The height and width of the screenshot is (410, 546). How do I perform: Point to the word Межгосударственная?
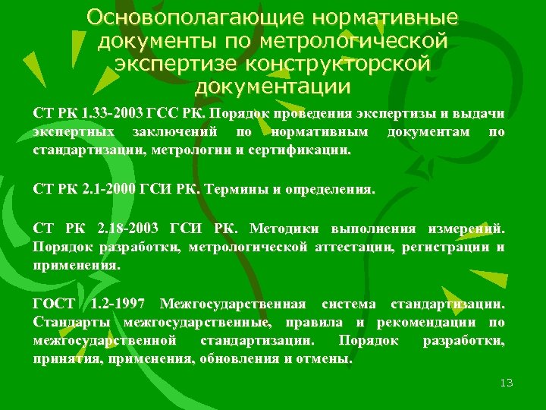point(234,304)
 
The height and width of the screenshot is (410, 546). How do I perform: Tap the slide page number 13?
point(507,382)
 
